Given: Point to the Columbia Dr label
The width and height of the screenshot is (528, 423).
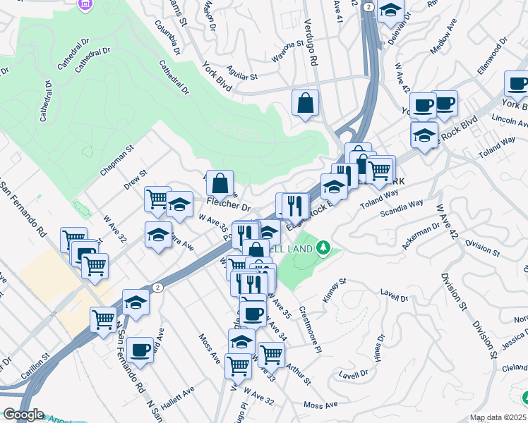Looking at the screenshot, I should click(168, 41).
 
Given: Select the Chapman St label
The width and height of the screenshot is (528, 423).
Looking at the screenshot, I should click(117, 161).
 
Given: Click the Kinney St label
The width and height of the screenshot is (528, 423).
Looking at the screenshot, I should click(335, 290).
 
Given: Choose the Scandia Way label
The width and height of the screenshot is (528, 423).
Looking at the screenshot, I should click(402, 207).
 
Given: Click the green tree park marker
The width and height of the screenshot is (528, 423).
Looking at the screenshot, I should click(323, 247).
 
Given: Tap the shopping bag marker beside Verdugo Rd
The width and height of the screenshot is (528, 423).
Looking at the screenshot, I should click(306, 103).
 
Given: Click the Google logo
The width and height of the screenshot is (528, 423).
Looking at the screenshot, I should click(23, 415).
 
